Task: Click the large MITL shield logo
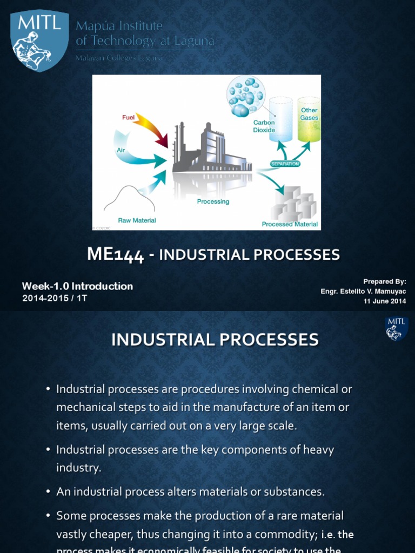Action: (x=40, y=40)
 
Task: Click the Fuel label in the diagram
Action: (x=128, y=117)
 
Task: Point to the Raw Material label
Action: (x=137, y=220)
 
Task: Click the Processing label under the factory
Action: (x=213, y=201)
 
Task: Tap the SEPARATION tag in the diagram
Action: (x=285, y=163)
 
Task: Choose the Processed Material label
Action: (x=290, y=224)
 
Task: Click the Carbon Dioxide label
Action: (x=264, y=126)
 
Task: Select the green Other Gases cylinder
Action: (x=309, y=119)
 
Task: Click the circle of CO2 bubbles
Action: (x=245, y=96)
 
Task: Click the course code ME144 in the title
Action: (x=115, y=255)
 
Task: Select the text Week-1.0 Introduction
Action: (x=77, y=286)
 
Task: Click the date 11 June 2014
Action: (x=384, y=301)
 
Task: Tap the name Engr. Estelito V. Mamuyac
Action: (x=363, y=292)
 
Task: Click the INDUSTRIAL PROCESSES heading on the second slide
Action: (x=215, y=339)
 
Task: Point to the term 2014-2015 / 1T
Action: (x=55, y=298)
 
